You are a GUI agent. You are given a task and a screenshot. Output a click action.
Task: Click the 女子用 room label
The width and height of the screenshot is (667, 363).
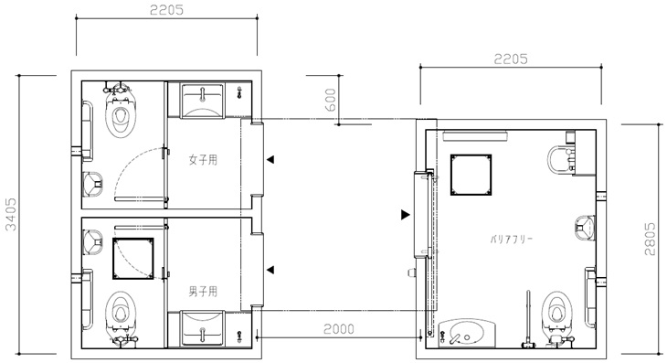(x=203, y=160)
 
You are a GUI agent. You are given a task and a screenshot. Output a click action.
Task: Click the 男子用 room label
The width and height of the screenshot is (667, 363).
(x=203, y=292)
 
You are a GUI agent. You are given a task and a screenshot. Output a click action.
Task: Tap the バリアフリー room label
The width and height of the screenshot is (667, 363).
(x=512, y=239)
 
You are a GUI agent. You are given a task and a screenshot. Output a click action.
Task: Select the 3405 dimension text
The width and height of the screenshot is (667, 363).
(x=11, y=214)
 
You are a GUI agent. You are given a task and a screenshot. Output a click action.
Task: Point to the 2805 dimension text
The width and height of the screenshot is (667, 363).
(x=650, y=239)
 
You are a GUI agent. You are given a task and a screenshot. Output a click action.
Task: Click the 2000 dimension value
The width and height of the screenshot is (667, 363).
(x=339, y=329)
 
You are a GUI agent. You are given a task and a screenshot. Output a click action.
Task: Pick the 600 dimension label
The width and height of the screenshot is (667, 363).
(x=331, y=100)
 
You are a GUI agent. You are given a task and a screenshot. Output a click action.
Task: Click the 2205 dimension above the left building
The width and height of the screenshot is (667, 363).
(x=166, y=10)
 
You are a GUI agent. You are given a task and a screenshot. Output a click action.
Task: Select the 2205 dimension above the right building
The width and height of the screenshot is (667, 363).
(x=511, y=59)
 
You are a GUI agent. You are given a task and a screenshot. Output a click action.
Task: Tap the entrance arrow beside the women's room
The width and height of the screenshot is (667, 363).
(x=270, y=160)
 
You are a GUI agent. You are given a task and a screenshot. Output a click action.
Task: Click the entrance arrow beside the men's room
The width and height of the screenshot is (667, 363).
(x=270, y=270)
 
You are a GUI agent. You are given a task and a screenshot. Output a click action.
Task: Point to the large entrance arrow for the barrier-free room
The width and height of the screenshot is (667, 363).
(x=406, y=215)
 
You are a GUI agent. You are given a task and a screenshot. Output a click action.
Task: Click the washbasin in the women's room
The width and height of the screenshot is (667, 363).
(x=203, y=101)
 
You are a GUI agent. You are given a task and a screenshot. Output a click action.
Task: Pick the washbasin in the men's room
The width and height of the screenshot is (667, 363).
(x=202, y=328)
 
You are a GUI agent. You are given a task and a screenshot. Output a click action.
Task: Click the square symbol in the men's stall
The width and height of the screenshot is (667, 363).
(x=133, y=259)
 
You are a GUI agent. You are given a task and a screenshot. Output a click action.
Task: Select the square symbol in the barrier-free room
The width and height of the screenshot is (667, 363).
(x=471, y=175)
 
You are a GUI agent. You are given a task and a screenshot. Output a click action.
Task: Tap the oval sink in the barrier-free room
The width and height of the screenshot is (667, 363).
(x=467, y=333)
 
